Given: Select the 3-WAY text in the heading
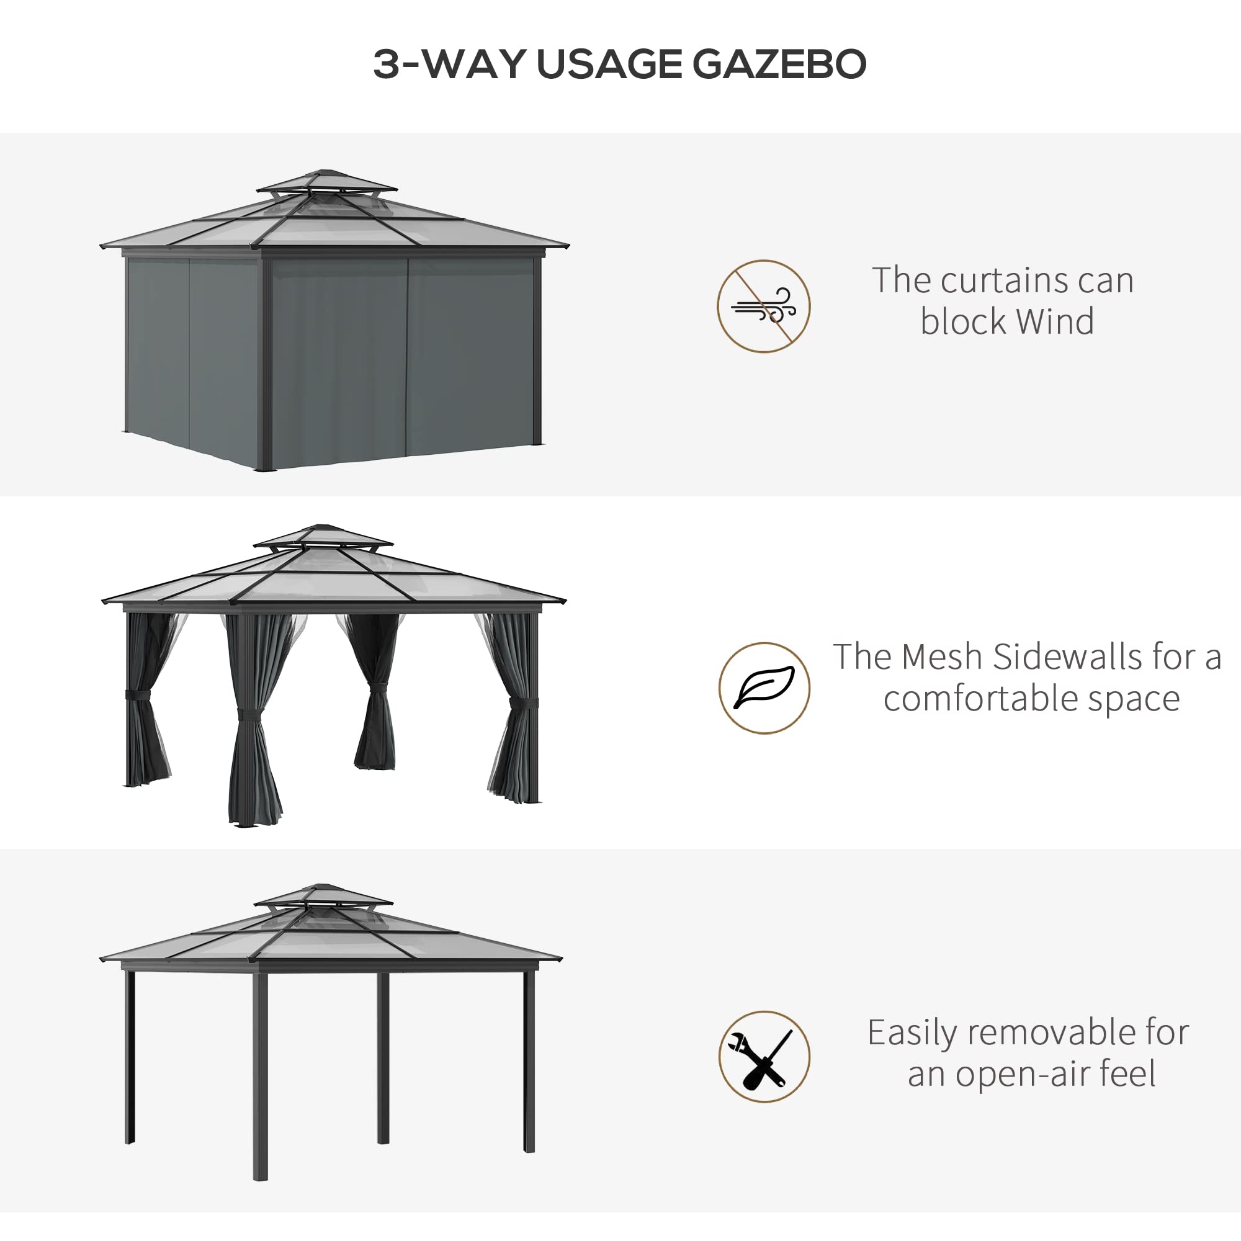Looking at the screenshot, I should tap(449, 65).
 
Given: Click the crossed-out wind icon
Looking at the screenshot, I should tap(763, 307).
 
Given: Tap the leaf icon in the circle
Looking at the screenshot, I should tap(764, 688).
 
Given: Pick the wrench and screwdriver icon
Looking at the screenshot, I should tap(764, 1057).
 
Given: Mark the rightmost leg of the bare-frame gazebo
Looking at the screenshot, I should tap(529, 1060).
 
